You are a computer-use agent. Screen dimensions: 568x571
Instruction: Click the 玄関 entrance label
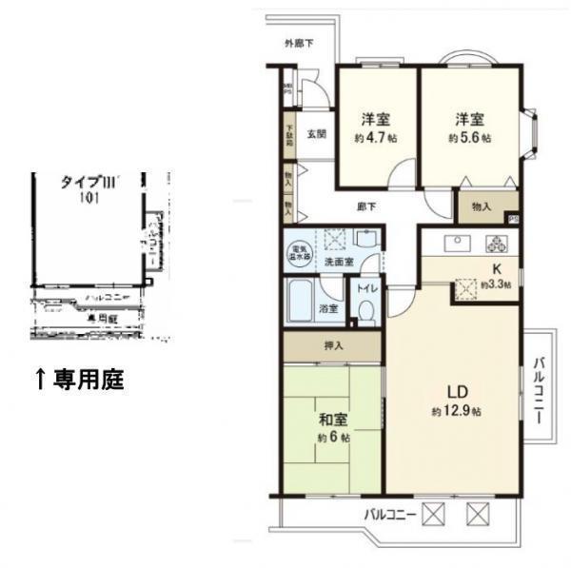[317, 134]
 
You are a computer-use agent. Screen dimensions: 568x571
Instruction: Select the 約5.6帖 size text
[469, 137]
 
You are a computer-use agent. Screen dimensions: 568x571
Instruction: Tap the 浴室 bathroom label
[329, 308]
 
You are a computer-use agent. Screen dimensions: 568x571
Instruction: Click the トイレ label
[365, 287]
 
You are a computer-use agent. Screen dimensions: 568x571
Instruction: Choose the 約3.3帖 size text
[495, 284]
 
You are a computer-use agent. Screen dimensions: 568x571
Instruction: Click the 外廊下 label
[299, 43]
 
